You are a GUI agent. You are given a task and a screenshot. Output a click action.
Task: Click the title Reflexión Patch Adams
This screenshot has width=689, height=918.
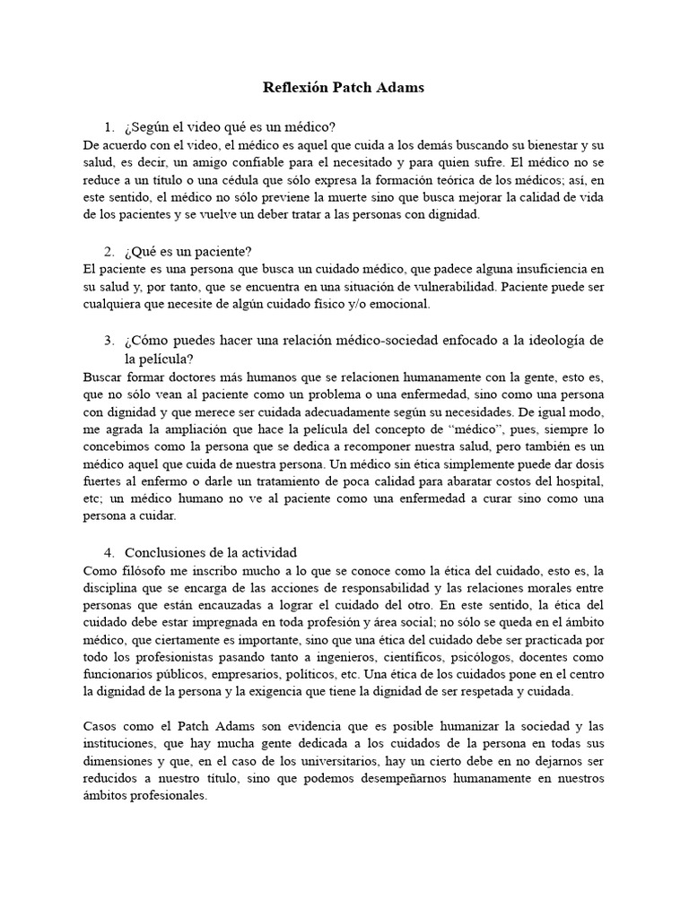(x=344, y=88)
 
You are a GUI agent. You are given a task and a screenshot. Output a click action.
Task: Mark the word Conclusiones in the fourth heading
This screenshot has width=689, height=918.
(x=166, y=552)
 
